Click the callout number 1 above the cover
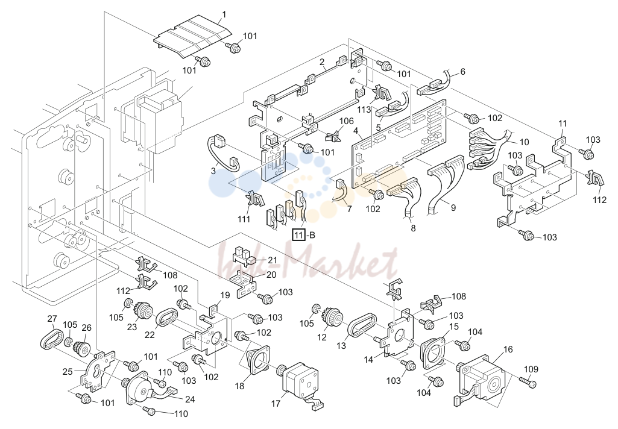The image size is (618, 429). click(224, 15)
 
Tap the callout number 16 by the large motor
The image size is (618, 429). click(508, 349)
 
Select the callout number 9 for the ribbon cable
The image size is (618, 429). click(453, 207)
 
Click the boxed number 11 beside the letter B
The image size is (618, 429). click(298, 236)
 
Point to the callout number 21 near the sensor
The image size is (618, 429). click(273, 260)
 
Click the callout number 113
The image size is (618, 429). click(364, 109)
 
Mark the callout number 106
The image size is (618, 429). click(347, 121)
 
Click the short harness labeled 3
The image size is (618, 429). click(222, 154)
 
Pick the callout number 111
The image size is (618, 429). click(244, 219)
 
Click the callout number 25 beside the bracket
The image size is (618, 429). click(68, 371)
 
